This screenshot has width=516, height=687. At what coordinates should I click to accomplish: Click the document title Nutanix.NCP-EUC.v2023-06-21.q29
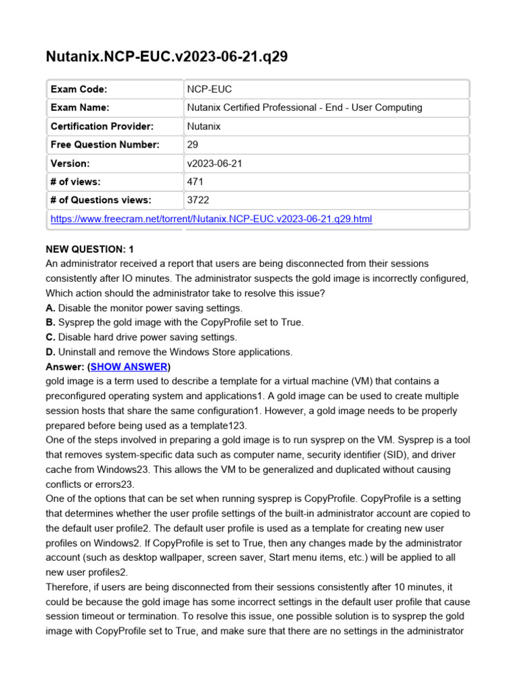tap(167, 56)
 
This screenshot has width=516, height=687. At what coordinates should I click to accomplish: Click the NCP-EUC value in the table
tap(209, 89)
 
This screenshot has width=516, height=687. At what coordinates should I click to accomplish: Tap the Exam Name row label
tap(80, 107)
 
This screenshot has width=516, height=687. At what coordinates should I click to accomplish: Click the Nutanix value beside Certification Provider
tap(204, 126)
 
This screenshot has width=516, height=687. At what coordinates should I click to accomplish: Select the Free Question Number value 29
tap(193, 144)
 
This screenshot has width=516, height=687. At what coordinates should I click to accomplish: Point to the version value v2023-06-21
tap(215, 163)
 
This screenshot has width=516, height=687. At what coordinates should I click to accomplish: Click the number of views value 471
tap(196, 181)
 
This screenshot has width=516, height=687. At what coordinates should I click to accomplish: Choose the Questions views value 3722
tap(198, 200)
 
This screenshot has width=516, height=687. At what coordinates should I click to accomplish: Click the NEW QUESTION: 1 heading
tap(90, 249)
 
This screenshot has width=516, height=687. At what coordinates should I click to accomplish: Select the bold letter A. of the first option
tap(50, 308)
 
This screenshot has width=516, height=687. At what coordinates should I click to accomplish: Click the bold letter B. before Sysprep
tap(50, 323)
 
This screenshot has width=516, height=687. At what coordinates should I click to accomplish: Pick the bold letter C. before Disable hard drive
tap(50, 337)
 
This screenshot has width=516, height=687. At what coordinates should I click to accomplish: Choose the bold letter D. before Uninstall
tap(50, 352)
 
